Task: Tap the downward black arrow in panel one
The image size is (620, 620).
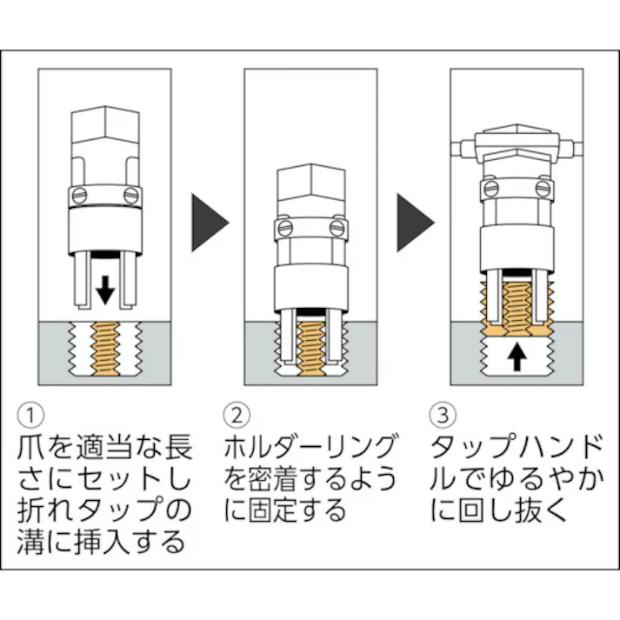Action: coord(104,289)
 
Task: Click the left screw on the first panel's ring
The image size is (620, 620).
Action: coord(77,194)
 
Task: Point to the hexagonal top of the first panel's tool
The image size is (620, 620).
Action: coord(103,130)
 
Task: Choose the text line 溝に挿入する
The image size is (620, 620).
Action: coord(101,543)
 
